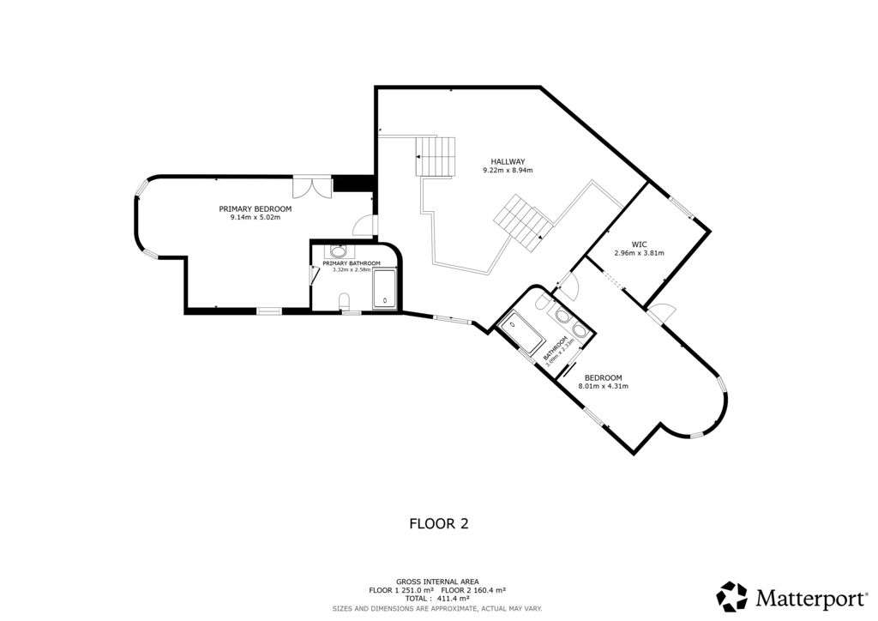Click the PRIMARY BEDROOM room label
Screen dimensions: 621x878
coord(255,208)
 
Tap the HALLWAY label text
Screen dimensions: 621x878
coord(508,161)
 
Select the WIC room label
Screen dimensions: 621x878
coord(639,244)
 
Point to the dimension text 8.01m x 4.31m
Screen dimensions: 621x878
coord(604,386)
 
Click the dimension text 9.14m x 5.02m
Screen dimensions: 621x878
coord(255,217)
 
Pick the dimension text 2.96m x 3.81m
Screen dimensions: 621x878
coord(639,253)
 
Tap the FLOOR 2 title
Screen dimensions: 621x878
coord(438,522)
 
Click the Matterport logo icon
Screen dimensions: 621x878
coord(732,596)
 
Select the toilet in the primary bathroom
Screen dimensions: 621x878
coord(345,300)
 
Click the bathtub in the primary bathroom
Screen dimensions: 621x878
coord(385,288)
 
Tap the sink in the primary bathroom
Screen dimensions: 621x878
coord(339,251)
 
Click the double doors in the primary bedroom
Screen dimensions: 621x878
coord(311,187)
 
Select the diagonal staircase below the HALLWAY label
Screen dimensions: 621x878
coord(523,221)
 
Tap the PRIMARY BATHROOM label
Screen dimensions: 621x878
coord(352,263)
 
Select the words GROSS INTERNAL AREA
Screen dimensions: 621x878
coord(438,581)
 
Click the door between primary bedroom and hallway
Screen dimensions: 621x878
coord(364,226)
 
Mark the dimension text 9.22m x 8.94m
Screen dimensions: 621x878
coord(508,171)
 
